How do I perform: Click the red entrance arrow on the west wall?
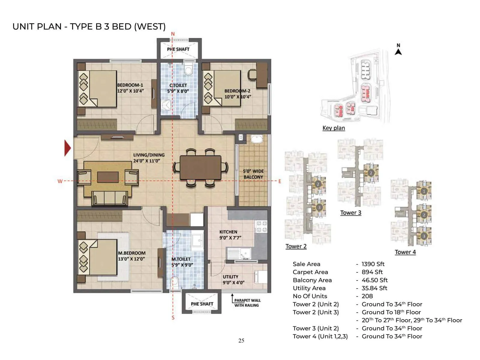[68, 148]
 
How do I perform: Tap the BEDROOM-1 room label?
[130, 85]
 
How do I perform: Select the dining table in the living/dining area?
[200, 168]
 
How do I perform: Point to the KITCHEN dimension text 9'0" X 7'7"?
[230, 238]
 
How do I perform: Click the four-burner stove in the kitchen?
[261, 226]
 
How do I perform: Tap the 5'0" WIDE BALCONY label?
[253, 174]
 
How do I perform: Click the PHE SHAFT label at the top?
[178, 49]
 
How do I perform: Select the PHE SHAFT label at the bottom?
[202, 304]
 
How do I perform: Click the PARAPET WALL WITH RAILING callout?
[247, 303]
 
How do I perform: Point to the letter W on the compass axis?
[60, 181]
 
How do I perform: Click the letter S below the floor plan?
[173, 318]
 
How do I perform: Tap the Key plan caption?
[334, 128]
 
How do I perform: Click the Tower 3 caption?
[350, 213]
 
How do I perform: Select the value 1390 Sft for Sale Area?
[373, 264]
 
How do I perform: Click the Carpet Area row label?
[310, 272]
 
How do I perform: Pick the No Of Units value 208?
[367, 296]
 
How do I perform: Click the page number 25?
[241, 340]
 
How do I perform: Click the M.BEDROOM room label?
[132, 253]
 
